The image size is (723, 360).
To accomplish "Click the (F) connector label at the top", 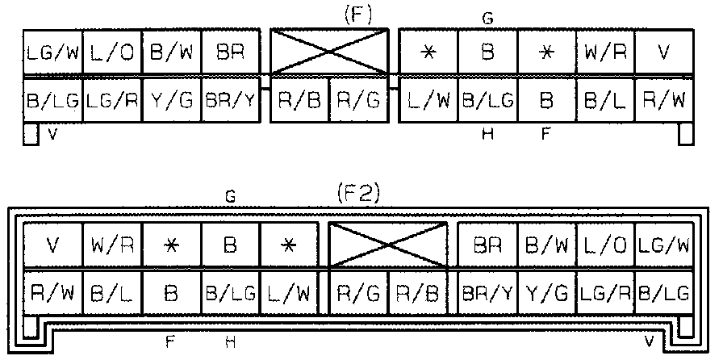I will point(356,14).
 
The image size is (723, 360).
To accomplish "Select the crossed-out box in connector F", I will point(329,53).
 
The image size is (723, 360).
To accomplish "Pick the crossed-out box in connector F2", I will point(389,244).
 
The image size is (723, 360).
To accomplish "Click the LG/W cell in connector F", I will point(52,53).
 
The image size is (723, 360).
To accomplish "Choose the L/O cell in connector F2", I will point(604,244).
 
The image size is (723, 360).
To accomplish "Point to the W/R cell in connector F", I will point(605,53).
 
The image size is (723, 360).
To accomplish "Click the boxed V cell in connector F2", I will point(52,244).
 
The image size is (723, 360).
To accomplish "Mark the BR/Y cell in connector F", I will point(229,101).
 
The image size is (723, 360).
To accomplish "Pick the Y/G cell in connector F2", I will point(545,291).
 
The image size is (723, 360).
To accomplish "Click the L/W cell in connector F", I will point(428,101).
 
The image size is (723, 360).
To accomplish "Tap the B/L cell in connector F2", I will point(111,291).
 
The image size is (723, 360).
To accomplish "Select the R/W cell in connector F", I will point(663,101).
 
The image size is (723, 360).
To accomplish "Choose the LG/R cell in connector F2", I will point(604,291).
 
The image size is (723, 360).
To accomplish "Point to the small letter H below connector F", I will point(487,136).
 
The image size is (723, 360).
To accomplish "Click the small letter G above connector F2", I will point(230,196).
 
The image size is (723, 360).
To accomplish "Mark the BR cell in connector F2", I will point(487,244).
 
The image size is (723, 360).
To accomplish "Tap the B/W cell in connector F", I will point(170,53).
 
